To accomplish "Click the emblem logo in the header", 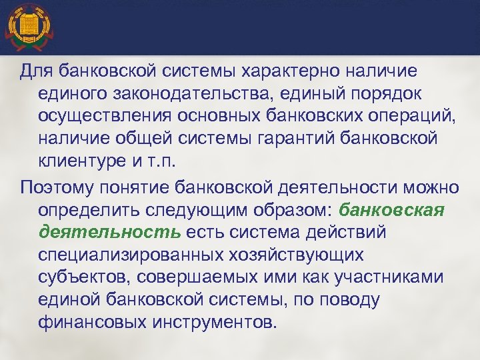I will click(28, 27).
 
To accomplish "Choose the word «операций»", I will click(399, 116).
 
